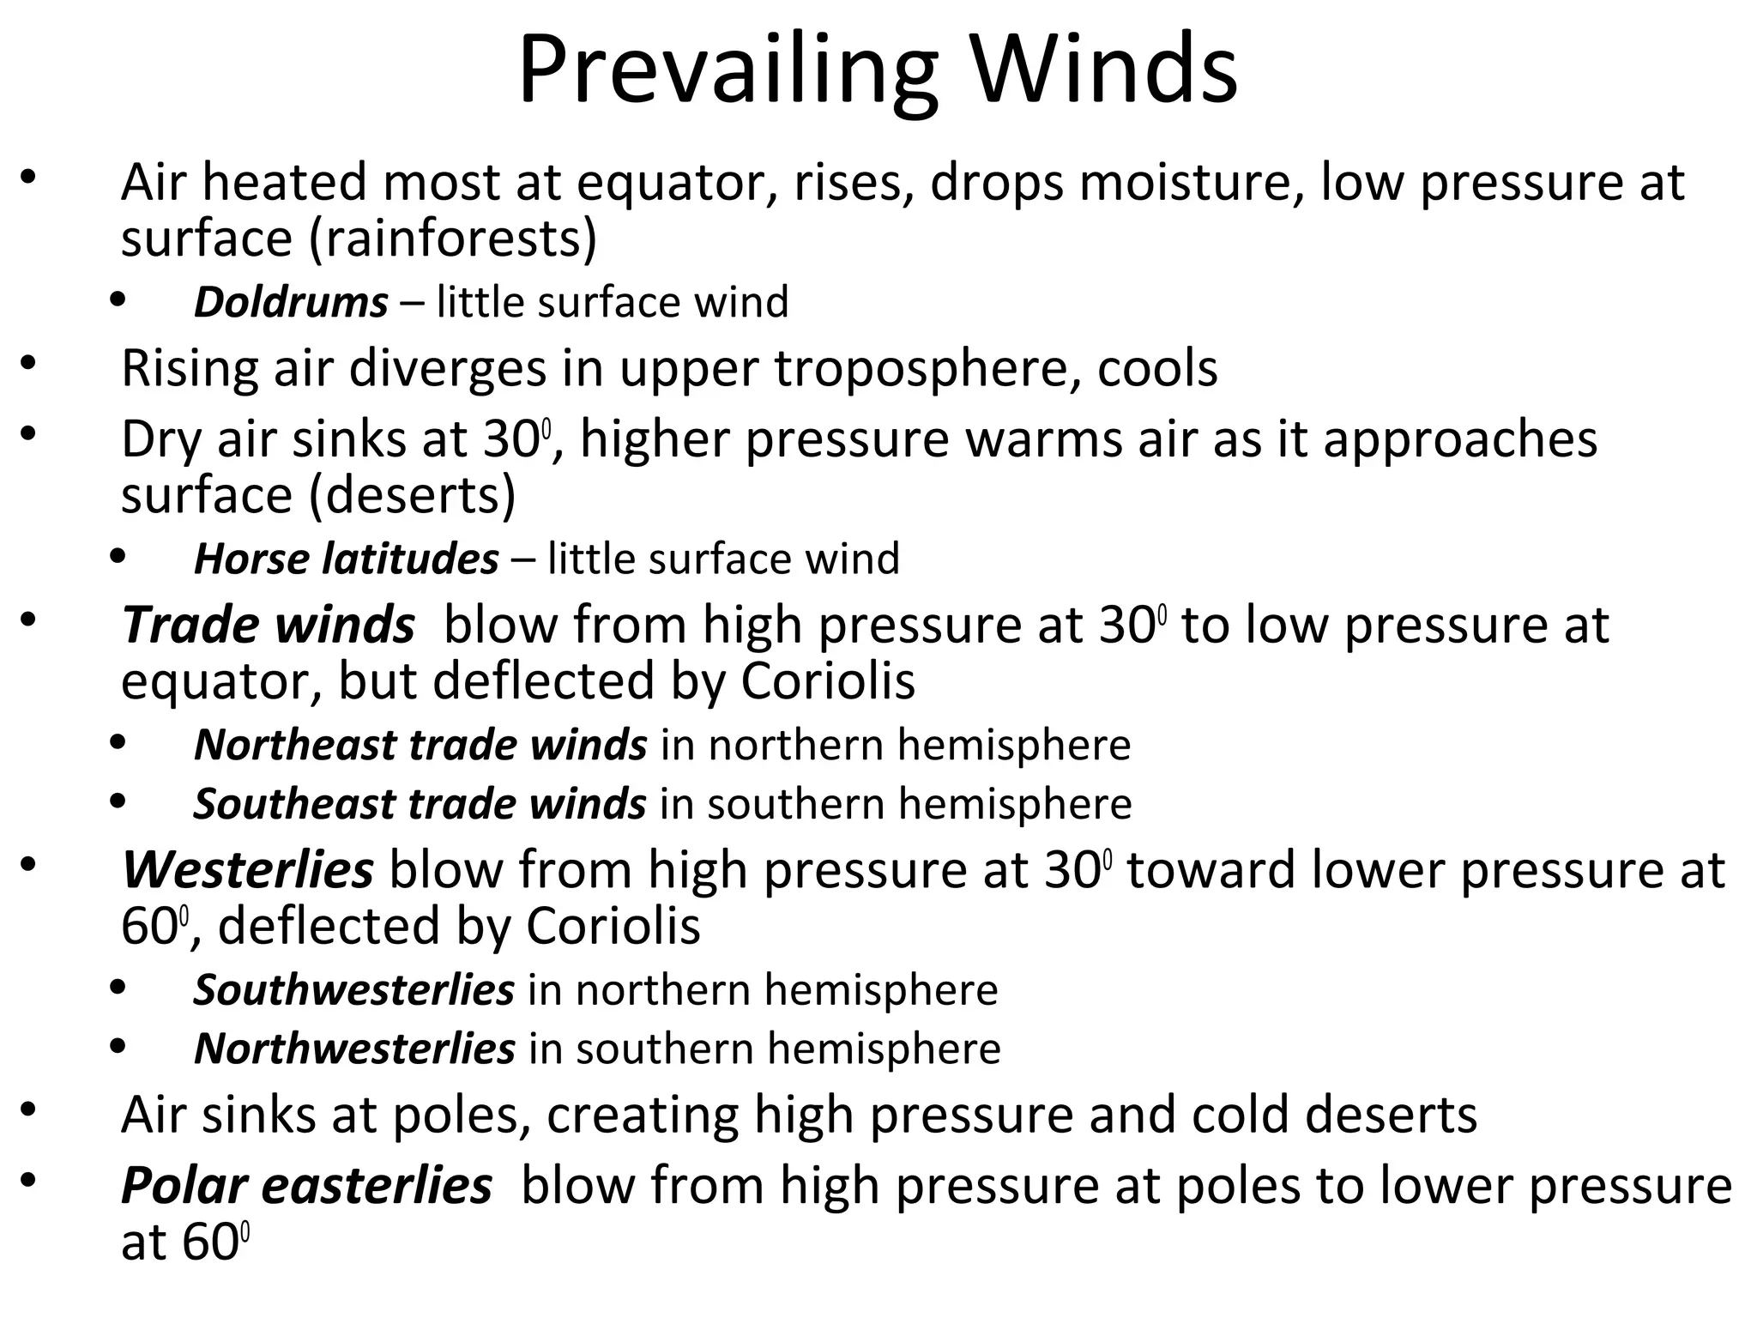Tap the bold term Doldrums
click(x=291, y=302)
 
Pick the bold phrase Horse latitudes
click(x=346, y=559)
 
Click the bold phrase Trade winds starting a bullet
click(x=268, y=624)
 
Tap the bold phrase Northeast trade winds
click(x=420, y=744)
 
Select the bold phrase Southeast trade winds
click(x=420, y=804)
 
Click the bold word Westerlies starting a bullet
click(x=247, y=869)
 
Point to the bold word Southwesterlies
click(x=353, y=989)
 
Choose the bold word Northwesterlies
click(x=354, y=1049)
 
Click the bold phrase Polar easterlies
click(x=306, y=1185)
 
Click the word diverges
click(x=447, y=368)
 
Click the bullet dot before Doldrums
click(x=118, y=300)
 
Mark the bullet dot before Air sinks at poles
click(x=28, y=1110)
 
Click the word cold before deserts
click(x=1241, y=1114)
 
